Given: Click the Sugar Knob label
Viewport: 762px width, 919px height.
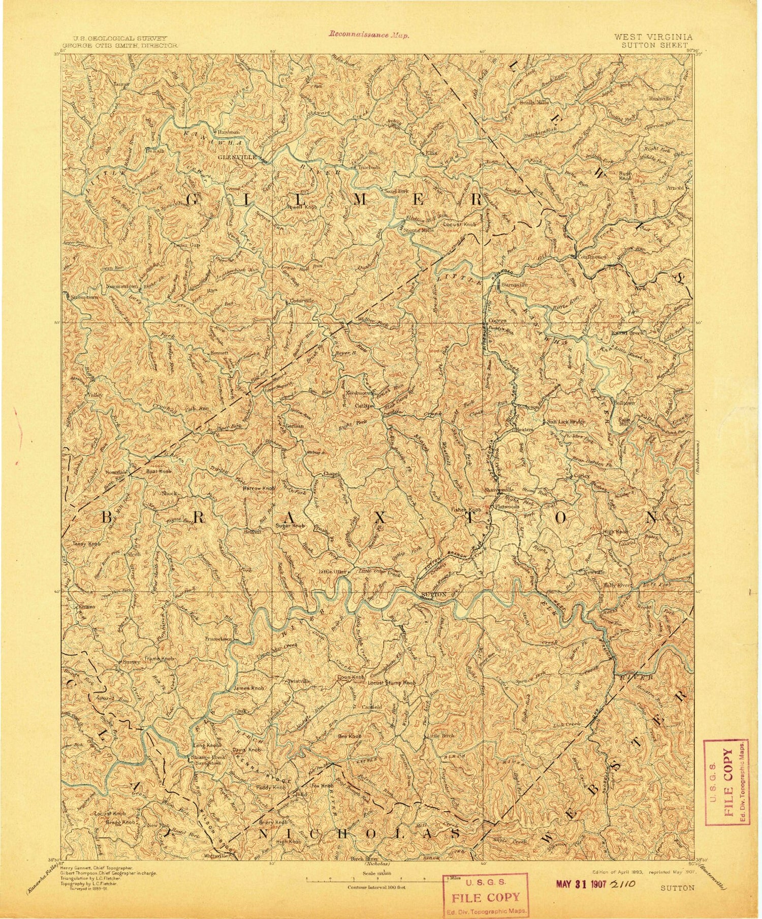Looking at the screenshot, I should [x=290, y=526].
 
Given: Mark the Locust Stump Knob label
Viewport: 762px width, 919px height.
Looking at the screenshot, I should [x=391, y=683].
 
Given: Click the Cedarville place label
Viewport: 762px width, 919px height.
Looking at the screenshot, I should [x=302, y=301].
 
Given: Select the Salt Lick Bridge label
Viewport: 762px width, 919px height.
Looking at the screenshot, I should [x=566, y=422].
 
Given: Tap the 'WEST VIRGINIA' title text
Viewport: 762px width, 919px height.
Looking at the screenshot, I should [x=653, y=37].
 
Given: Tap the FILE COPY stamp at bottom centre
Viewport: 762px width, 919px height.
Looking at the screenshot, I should [x=485, y=897].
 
